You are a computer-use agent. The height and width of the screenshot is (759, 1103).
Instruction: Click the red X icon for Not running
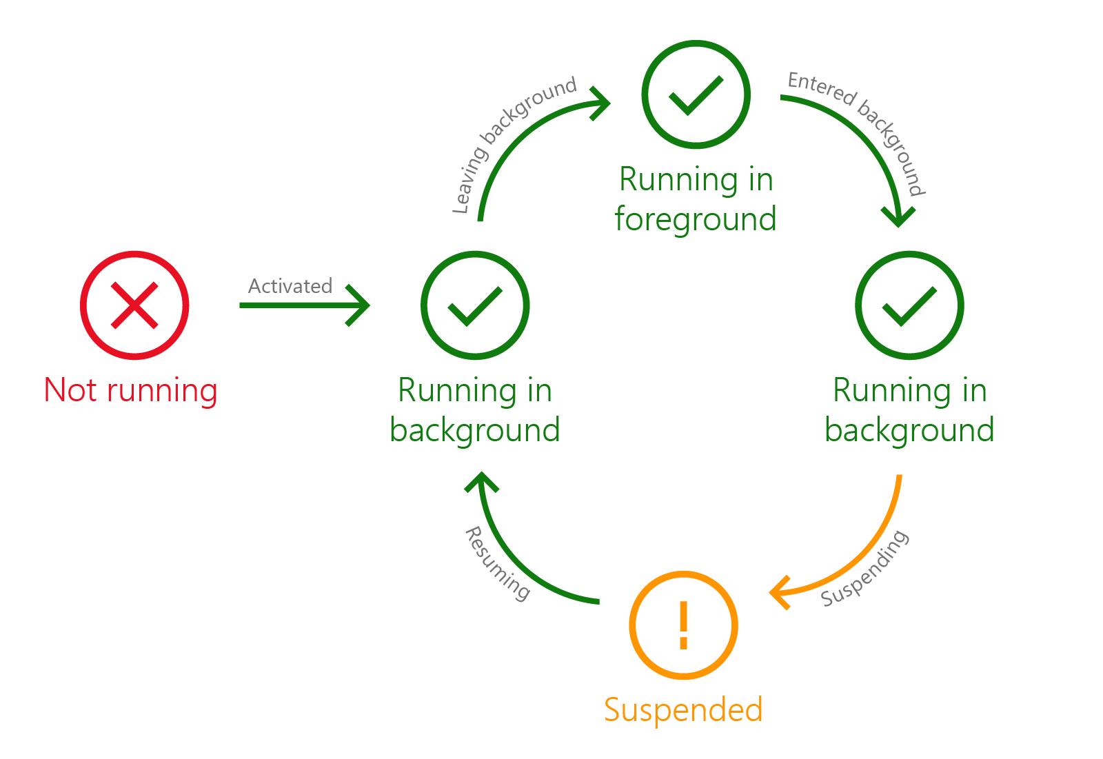point(134,305)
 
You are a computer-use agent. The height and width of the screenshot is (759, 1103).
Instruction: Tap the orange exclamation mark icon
point(683,625)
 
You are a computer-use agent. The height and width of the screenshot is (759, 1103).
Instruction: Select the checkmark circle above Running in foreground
point(696,94)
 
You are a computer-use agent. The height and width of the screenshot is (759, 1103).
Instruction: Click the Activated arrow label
point(290,286)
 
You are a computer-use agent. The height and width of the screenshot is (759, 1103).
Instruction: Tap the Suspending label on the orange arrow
point(865,569)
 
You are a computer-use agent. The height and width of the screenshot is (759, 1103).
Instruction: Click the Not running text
point(131,390)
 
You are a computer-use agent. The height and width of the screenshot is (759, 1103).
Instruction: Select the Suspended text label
point(683,709)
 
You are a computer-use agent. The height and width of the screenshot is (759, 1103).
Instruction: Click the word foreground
point(696,220)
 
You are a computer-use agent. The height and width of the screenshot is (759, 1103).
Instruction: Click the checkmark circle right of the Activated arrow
point(475,305)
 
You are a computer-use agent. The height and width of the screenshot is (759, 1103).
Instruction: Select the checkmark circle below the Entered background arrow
point(909,305)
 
